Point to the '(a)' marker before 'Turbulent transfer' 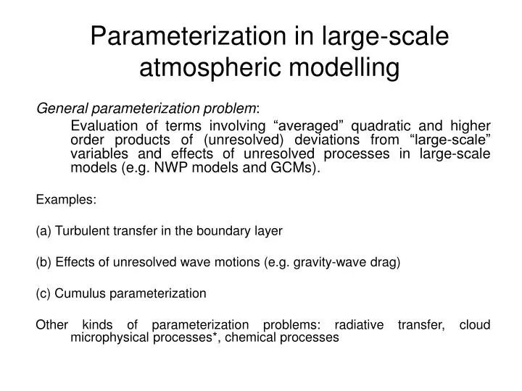[42, 231]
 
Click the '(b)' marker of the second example [42, 262]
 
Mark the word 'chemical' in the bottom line [253, 337]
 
